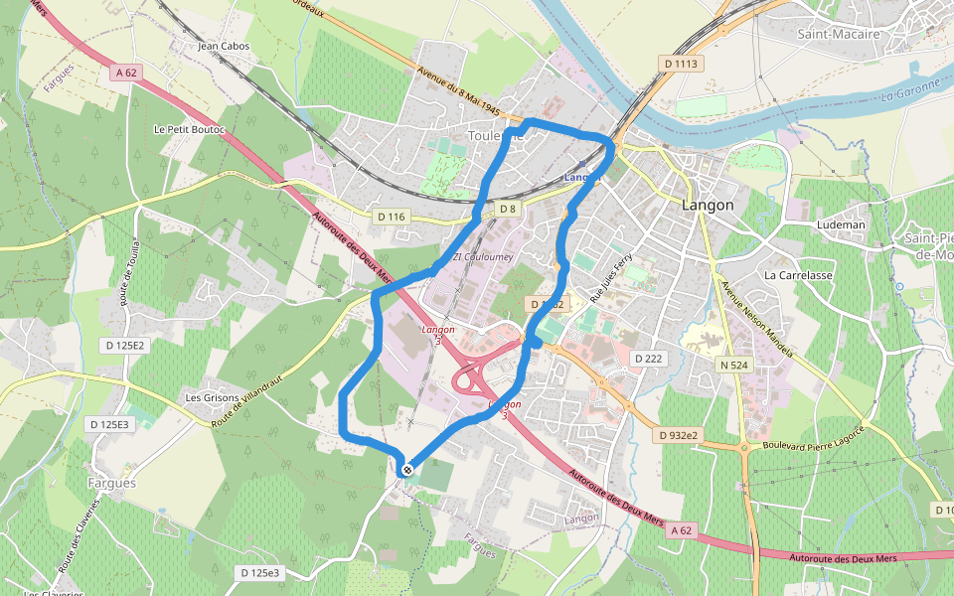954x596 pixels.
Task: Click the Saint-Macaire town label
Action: tap(839, 34)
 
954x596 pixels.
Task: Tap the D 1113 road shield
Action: tap(681, 64)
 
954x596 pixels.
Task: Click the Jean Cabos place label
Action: tap(224, 46)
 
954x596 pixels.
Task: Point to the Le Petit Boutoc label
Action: tap(190, 129)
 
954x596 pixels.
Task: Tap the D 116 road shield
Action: tap(393, 216)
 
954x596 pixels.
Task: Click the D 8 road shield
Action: tap(508, 209)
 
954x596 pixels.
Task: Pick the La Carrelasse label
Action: tap(798, 274)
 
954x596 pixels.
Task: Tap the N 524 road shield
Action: tap(733, 365)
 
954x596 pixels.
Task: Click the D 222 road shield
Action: tap(647, 358)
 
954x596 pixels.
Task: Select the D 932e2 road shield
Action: tap(679, 435)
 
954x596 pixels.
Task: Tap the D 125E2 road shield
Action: tap(124, 345)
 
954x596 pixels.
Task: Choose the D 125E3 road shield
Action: tap(108, 424)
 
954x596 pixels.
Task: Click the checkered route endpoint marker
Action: tap(406, 469)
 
